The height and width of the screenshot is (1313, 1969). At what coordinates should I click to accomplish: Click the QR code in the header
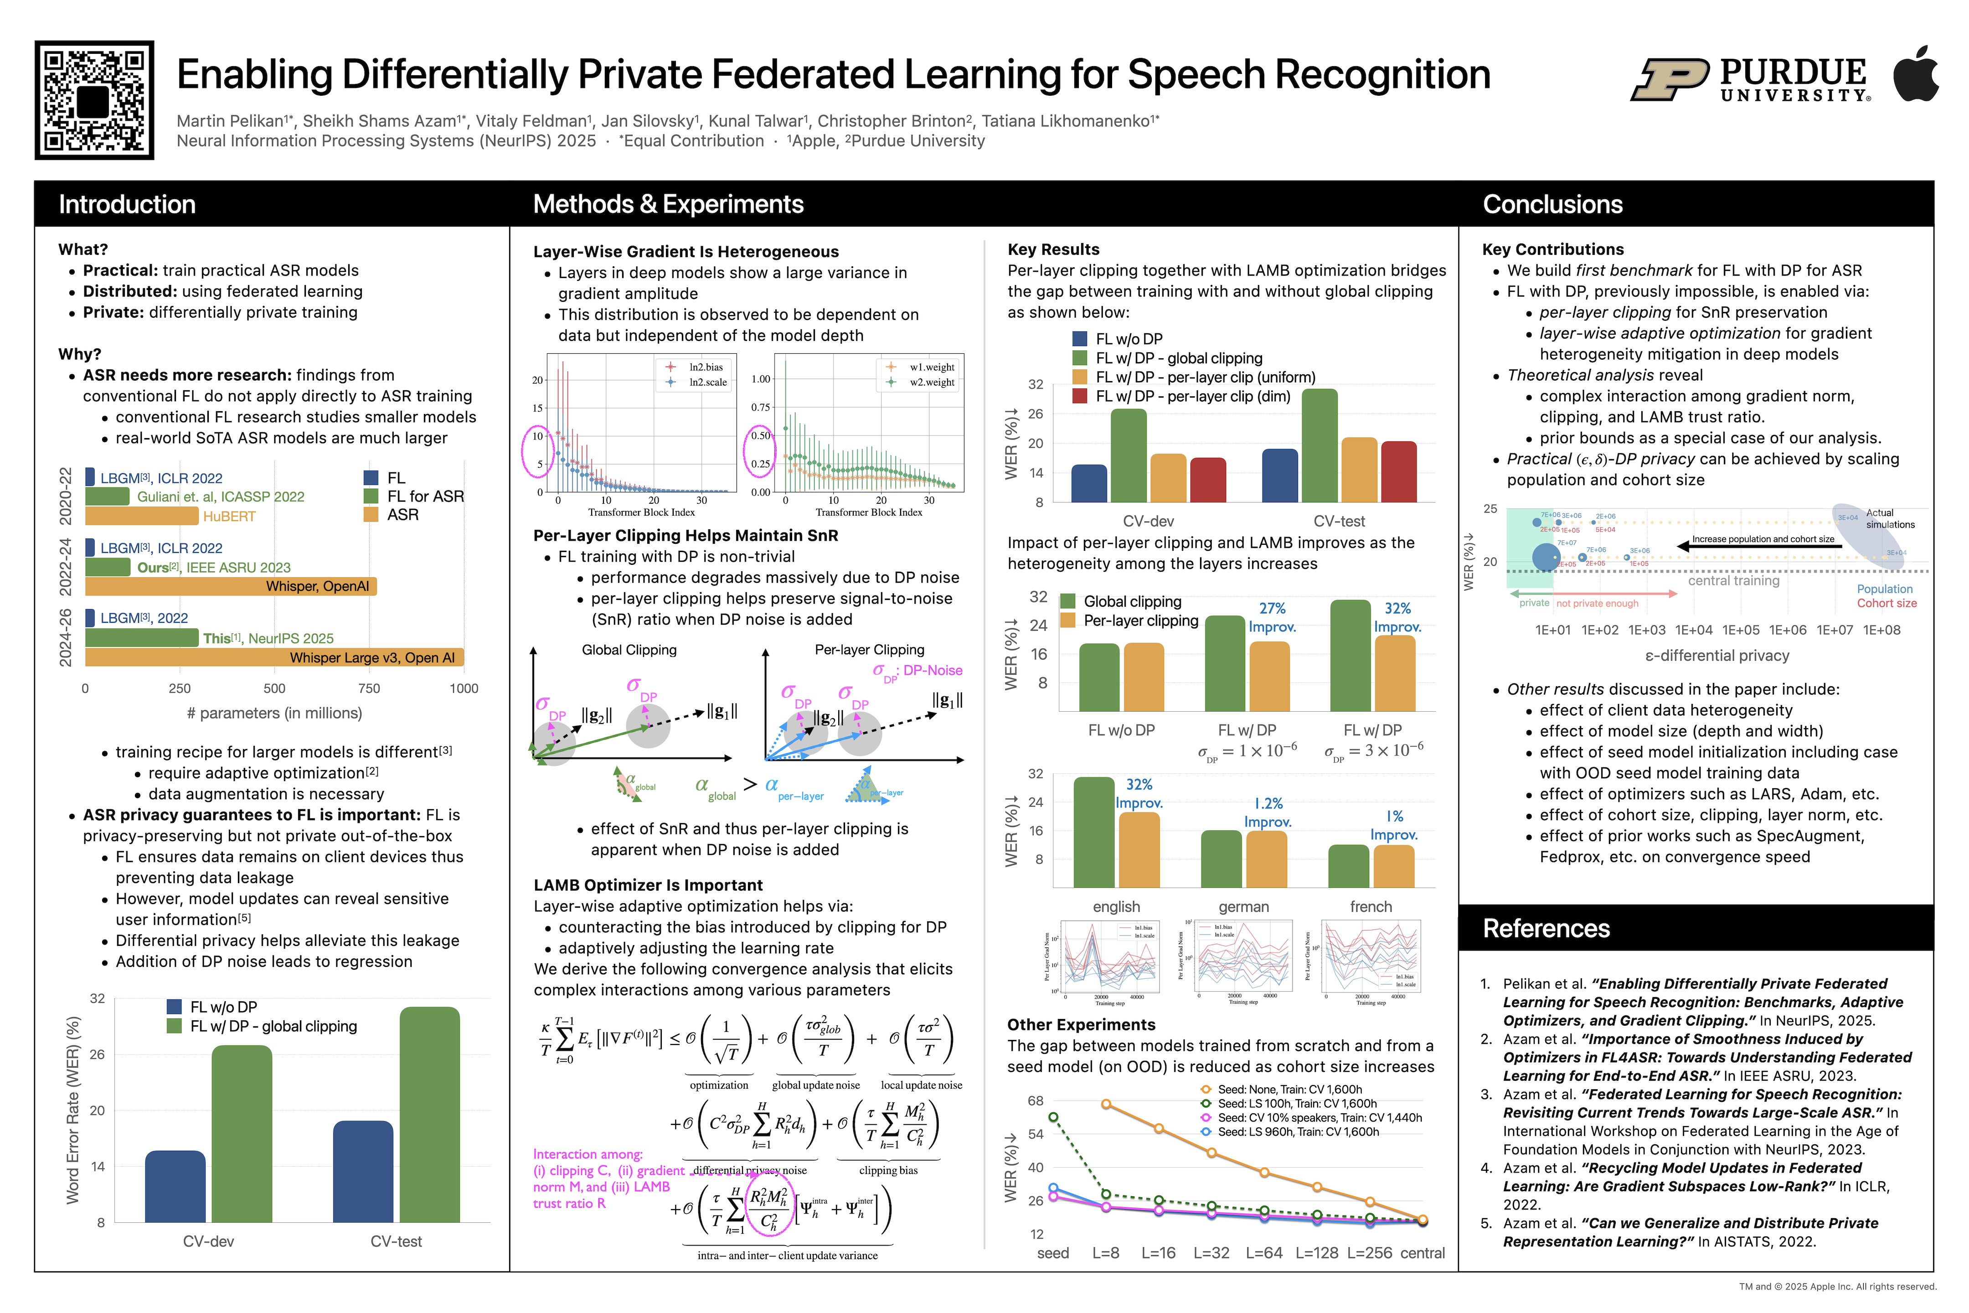pos(94,100)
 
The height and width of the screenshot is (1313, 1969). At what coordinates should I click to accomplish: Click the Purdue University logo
pos(1750,79)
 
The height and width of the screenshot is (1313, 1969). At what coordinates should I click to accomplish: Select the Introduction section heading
pos(127,204)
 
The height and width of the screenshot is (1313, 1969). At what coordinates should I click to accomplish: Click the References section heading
pos(1546,928)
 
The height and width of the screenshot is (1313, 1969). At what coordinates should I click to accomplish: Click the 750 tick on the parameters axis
pos(369,688)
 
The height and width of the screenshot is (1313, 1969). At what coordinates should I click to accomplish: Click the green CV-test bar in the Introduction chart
pos(429,1114)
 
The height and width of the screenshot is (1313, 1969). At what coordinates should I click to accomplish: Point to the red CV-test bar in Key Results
pos(1398,471)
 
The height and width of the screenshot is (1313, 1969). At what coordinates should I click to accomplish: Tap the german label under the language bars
pos(1243,907)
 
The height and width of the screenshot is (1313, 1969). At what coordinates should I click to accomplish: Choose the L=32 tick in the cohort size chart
pos(1211,1253)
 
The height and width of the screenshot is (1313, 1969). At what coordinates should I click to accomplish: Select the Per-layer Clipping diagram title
pos(869,650)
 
